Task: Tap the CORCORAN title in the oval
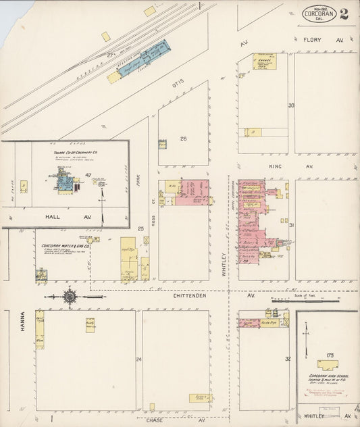tap(317, 12)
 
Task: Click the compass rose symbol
tap(70, 296)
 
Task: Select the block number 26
tap(182, 139)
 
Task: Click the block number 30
tap(291, 105)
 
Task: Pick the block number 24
tap(139, 359)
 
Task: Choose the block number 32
tap(287, 359)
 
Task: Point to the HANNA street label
tap(22, 320)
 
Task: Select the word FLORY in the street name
tap(312, 41)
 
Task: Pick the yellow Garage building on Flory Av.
tap(263, 61)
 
